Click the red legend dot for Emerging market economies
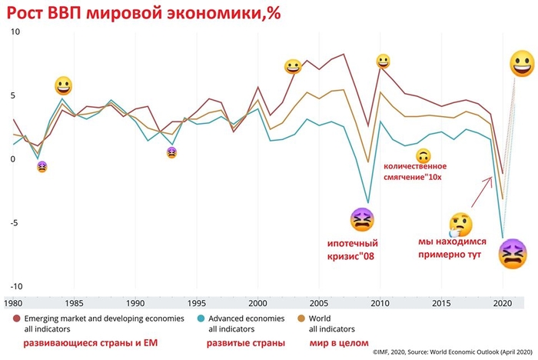tap(17, 318)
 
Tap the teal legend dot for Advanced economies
tap(201, 318)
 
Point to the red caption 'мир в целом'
tap(338, 342)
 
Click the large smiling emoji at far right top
tap(522, 63)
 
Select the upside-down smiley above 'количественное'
tap(423, 155)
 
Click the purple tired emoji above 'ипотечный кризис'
tap(362, 221)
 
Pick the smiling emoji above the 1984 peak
tap(64, 85)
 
